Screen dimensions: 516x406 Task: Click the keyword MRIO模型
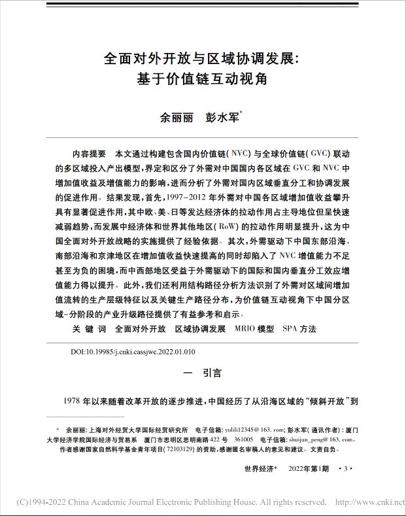click(254, 328)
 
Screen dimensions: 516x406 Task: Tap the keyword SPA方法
click(299, 328)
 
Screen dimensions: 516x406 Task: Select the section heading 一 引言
click(203, 373)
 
